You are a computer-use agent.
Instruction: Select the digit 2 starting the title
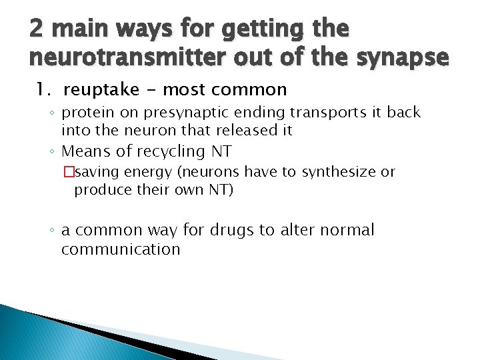(x=37, y=29)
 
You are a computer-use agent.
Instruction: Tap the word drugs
(x=229, y=231)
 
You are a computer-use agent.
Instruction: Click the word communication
(x=121, y=250)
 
